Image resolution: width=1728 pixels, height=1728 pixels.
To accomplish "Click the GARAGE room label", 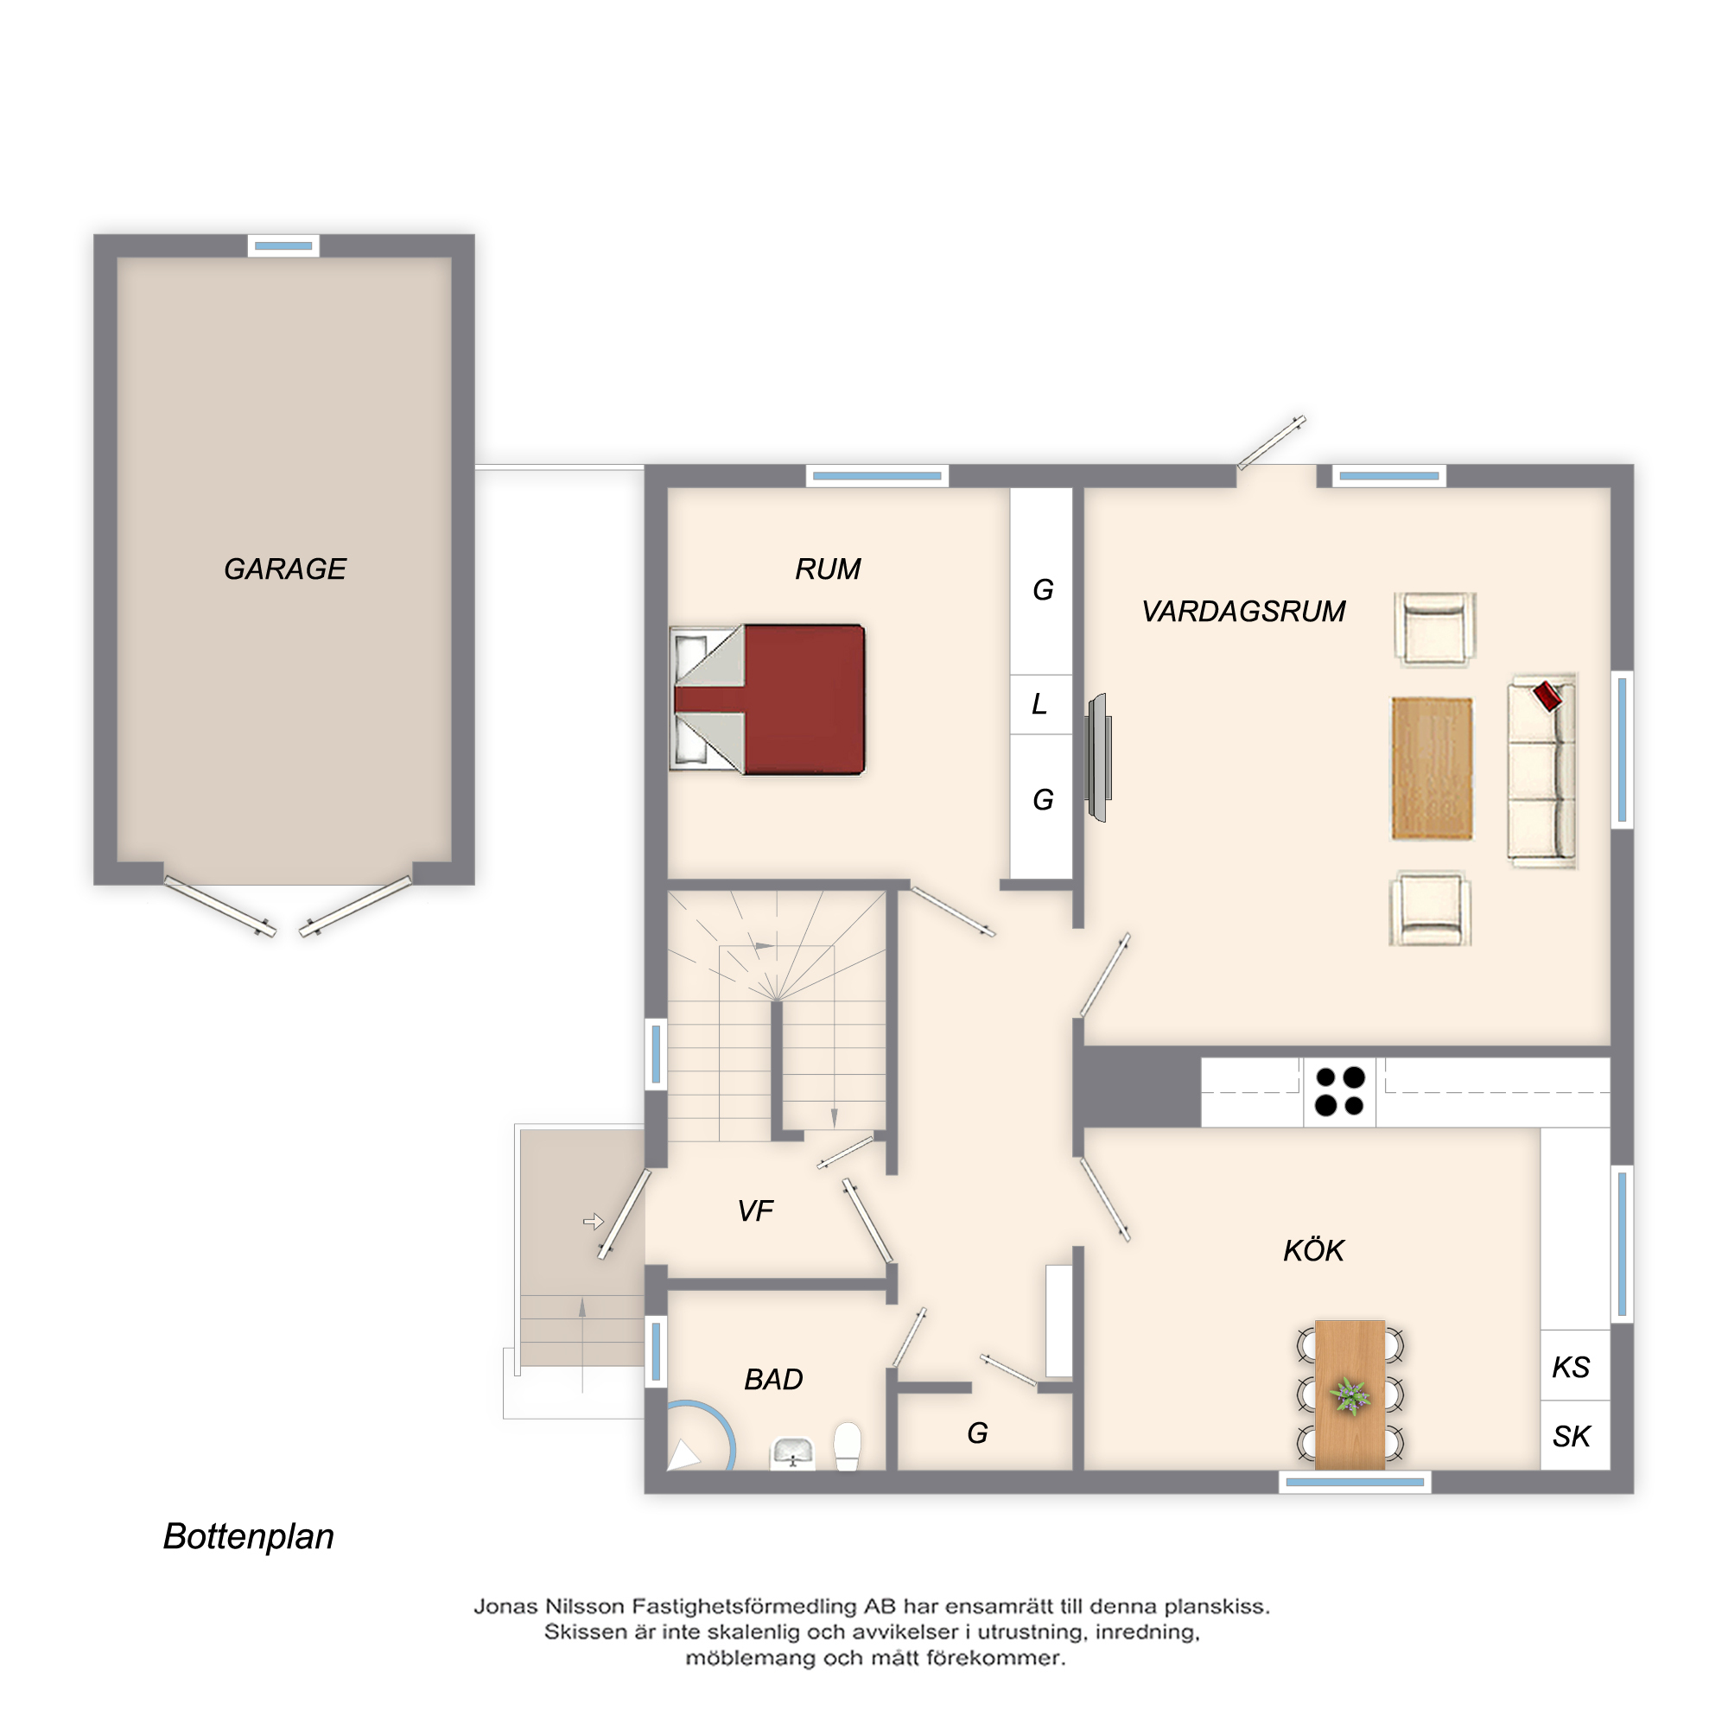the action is coord(284,569).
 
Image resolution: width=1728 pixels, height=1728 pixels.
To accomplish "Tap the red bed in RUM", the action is coord(767,700).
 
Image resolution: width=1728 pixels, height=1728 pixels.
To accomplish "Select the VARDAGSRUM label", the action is coord(1243,612).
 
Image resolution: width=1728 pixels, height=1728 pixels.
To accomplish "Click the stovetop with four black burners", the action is coord(1339,1091).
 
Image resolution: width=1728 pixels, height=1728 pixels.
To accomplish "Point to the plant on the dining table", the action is coord(1350,1395).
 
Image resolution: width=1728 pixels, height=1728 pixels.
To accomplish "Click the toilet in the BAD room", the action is coord(847,1446).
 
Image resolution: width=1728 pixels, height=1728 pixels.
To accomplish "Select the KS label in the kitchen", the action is coord(1571,1368).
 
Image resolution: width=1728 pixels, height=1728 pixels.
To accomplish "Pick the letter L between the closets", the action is coord(1039,704).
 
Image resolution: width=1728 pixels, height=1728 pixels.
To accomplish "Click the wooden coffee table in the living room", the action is coord(1431,768).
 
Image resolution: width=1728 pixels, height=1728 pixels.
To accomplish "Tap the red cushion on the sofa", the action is coord(1548,695).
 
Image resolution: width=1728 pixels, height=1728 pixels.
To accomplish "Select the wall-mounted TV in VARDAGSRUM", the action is coord(1098,757).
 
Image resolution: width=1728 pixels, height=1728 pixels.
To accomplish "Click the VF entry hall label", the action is coord(755,1211).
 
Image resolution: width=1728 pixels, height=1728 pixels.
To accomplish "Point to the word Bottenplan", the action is coord(249,1536).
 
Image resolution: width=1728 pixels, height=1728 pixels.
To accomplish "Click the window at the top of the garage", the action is coord(283,245).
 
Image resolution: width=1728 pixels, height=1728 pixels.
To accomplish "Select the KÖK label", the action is coord(1313,1250).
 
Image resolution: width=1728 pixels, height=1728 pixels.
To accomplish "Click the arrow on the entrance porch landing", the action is coord(594,1221).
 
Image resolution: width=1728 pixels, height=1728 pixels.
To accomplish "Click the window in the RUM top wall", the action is coord(878,476).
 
